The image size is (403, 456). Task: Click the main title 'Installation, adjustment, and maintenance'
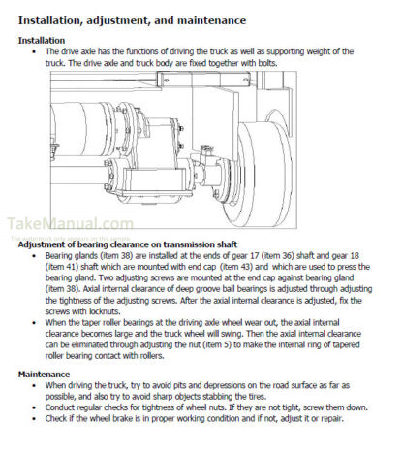pyautogui.click(x=132, y=20)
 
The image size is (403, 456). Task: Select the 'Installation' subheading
pyautogui.click(x=42, y=41)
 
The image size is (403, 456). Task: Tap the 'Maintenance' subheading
pyautogui.click(x=44, y=375)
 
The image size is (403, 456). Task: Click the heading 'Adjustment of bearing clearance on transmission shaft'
pyautogui.click(x=128, y=244)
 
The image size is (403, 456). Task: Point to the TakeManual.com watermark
pyautogui.click(x=70, y=224)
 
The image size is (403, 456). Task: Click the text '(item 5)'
pyautogui.click(x=217, y=344)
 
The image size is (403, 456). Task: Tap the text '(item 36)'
pyautogui.click(x=277, y=256)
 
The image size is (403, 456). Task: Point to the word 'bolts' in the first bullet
pyautogui.click(x=267, y=63)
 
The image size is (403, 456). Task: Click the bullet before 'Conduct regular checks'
pyautogui.click(x=34, y=407)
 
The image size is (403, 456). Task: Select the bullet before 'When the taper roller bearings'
pyautogui.click(x=34, y=323)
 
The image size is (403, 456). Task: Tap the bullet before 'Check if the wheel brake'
pyautogui.click(x=34, y=419)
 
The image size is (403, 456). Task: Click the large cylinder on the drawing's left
pyautogui.click(x=83, y=128)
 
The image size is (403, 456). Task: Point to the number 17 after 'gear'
pyautogui.click(x=254, y=256)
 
